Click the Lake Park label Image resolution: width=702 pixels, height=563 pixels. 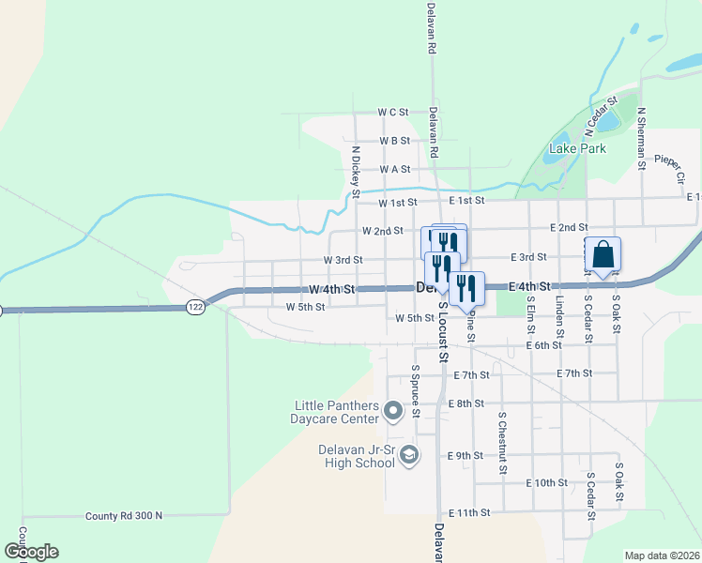(577, 148)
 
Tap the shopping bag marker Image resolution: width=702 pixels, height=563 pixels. (603, 253)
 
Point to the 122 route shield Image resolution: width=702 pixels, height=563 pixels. (195, 307)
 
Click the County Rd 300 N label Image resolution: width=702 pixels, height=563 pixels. (123, 516)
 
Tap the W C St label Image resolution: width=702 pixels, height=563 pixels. (393, 112)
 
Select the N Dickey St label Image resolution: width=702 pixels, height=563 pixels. (356, 171)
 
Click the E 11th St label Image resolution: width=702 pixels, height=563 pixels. (469, 513)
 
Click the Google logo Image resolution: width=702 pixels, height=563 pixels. (31, 552)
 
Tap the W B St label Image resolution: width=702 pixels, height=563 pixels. (395, 141)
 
